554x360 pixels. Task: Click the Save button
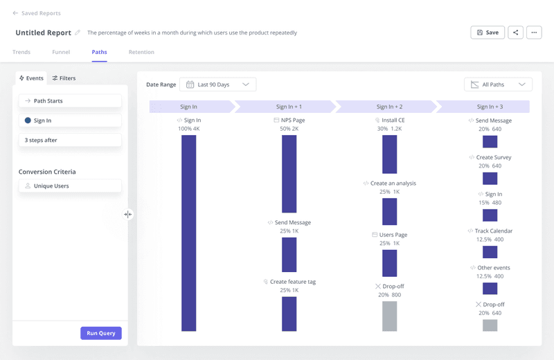[488, 33]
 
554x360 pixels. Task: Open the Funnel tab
[61, 52]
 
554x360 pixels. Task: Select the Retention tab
[141, 52]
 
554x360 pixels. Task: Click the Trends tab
[21, 52]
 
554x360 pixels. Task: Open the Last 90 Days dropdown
[217, 84]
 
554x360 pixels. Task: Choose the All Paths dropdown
[498, 84]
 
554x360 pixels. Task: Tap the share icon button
[515, 33]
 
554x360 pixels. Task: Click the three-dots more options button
[533, 33]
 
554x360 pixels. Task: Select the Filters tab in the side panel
[64, 78]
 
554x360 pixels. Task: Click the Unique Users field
[70, 186]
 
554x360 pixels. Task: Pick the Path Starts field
[70, 101]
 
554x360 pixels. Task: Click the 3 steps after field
[70, 140]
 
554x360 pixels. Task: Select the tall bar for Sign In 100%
[188, 233]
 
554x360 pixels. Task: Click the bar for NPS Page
[289, 173]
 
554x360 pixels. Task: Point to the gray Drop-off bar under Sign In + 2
[389, 316]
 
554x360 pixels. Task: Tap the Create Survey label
[493, 157]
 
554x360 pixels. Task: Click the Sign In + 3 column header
[490, 107]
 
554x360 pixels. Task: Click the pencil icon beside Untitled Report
[78, 33]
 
